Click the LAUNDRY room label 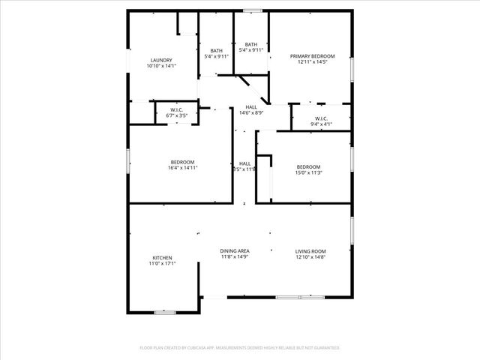pos(162,61)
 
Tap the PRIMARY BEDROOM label pos(313,56)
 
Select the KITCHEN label pos(162,257)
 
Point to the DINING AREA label pos(235,250)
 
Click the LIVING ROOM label pos(310,250)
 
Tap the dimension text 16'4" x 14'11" pos(182,168)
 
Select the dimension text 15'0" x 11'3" pos(308,172)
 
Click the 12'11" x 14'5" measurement pos(313,62)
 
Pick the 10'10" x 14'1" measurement pos(162,67)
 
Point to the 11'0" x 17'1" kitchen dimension pos(162,263)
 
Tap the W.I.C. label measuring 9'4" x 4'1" pos(321,118)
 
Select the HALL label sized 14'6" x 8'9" pos(251,107)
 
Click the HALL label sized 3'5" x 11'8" pos(245,163)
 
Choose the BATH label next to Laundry pos(216,50)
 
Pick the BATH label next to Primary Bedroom pos(251,45)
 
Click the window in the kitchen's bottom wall pos(165,312)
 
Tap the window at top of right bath pos(253,10)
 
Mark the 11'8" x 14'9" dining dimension pos(235,257)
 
